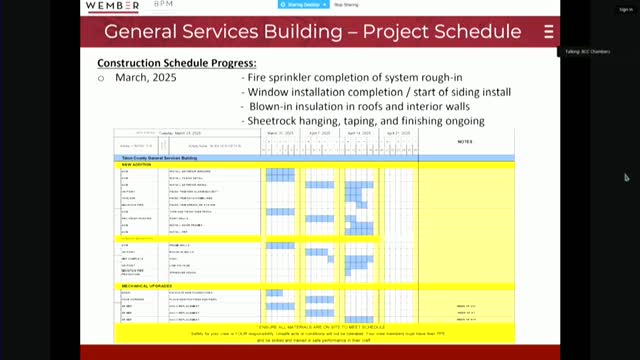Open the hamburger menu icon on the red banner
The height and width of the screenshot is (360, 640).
pyautogui.click(x=549, y=32)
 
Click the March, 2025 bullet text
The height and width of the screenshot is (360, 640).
pyautogui.click(x=139, y=78)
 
